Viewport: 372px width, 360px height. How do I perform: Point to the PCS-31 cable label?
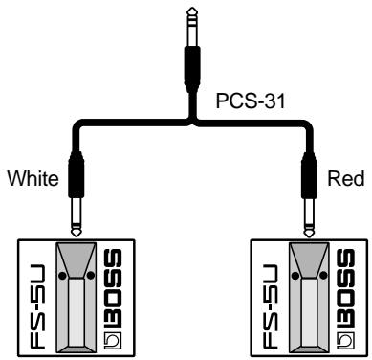point(241,99)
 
